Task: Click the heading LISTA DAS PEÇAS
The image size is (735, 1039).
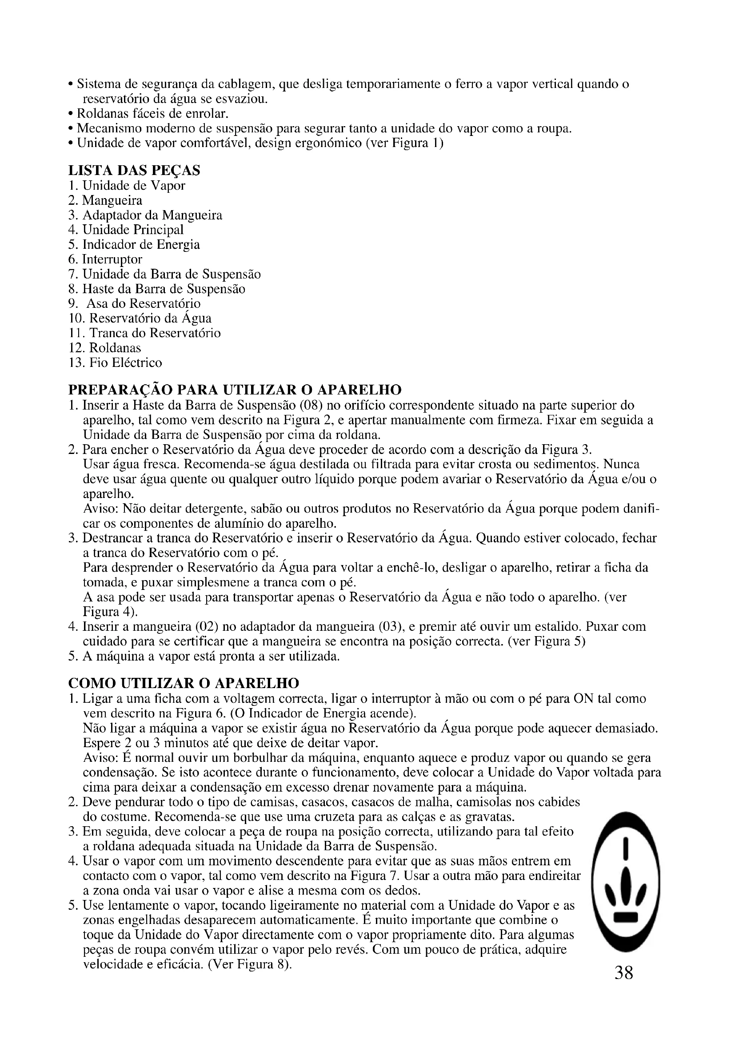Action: click(x=134, y=171)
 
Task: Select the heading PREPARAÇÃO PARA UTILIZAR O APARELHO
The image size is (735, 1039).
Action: click(x=235, y=390)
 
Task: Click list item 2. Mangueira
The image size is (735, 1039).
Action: click(x=105, y=200)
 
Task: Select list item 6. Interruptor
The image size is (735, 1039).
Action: click(x=105, y=260)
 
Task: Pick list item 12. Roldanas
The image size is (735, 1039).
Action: click(x=104, y=348)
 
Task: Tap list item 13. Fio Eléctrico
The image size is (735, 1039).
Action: click(x=115, y=363)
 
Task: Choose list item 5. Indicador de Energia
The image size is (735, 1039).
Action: click(x=134, y=245)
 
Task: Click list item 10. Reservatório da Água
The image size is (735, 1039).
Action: click(x=140, y=318)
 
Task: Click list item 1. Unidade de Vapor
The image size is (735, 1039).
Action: click(x=127, y=186)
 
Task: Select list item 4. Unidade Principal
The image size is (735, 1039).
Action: click(x=126, y=230)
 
